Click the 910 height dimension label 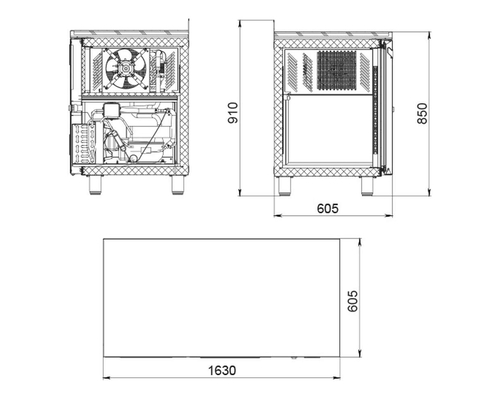[x=233, y=113]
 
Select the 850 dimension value [x=422, y=113]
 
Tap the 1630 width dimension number [x=222, y=370]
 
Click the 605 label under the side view [x=327, y=208]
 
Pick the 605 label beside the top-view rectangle [x=353, y=301]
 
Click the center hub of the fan [x=126, y=70]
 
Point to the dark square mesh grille [x=336, y=70]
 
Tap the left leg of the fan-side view [x=95, y=185]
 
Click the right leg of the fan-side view [x=177, y=185]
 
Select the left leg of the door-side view [x=285, y=185]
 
